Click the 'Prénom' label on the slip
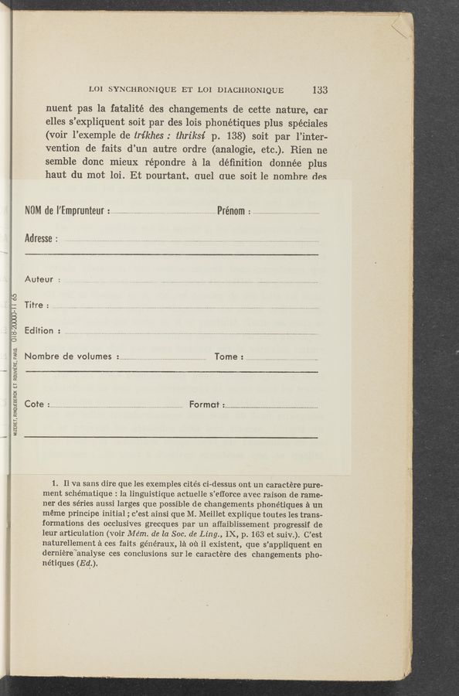(x=232, y=211)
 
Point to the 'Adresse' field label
(x=40, y=238)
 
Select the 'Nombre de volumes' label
(x=71, y=357)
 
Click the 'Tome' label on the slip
(x=227, y=357)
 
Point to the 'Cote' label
(x=36, y=404)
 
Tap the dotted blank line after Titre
(x=185, y=307)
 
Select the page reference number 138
(x=212, y=142)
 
